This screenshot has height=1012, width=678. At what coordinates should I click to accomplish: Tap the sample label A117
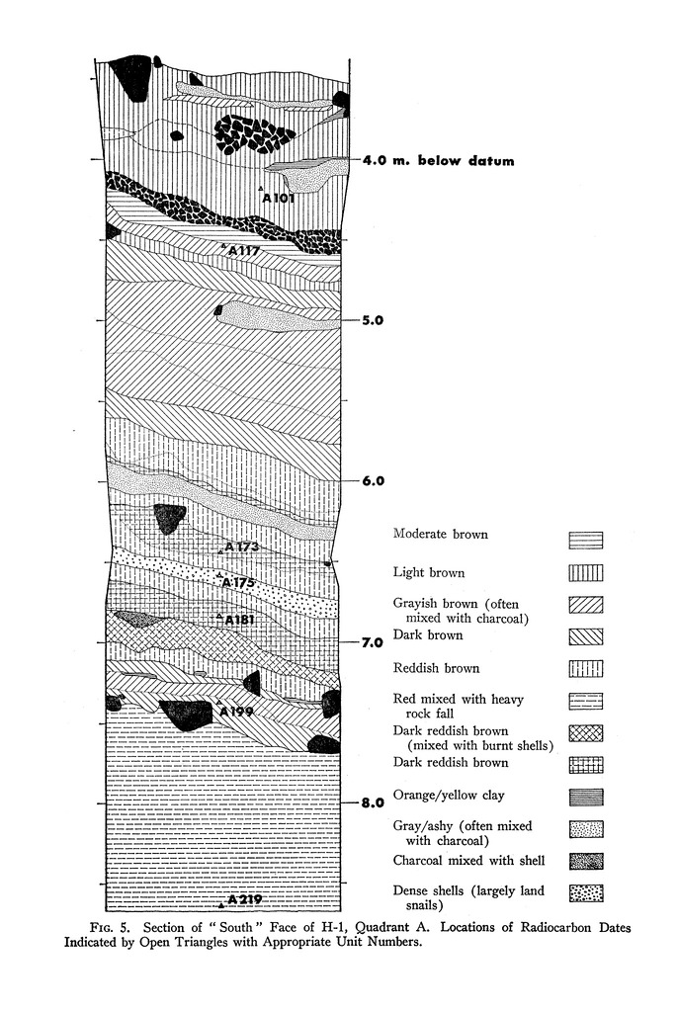(x=243, y=251)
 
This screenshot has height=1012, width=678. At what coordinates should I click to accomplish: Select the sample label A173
(x=241, y=547)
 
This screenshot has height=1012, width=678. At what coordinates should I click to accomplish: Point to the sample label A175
(x=238, y=582)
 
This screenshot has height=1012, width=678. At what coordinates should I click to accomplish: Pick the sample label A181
(x=240, y=620)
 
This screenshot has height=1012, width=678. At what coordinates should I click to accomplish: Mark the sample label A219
(x=243, y=899)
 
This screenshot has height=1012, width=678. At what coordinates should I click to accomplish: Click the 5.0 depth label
(x=373, y=321)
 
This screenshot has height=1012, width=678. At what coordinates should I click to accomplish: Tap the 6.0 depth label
(x=373, y=481)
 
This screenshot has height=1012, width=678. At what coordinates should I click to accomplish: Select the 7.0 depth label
(x=373, y=642)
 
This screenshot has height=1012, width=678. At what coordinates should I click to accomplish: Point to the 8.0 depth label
(x=373, y=802)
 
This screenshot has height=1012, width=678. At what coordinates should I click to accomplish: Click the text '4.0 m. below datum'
(x=438, y=161)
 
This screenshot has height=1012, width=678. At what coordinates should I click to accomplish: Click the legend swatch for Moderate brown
(x=585, y=540)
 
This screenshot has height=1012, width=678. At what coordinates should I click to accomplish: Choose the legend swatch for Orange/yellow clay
(x=585, y=797)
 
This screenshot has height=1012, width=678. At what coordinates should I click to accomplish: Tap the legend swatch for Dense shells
(x=585, y=893)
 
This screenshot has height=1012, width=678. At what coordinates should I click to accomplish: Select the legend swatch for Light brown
(x=585, y=572)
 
